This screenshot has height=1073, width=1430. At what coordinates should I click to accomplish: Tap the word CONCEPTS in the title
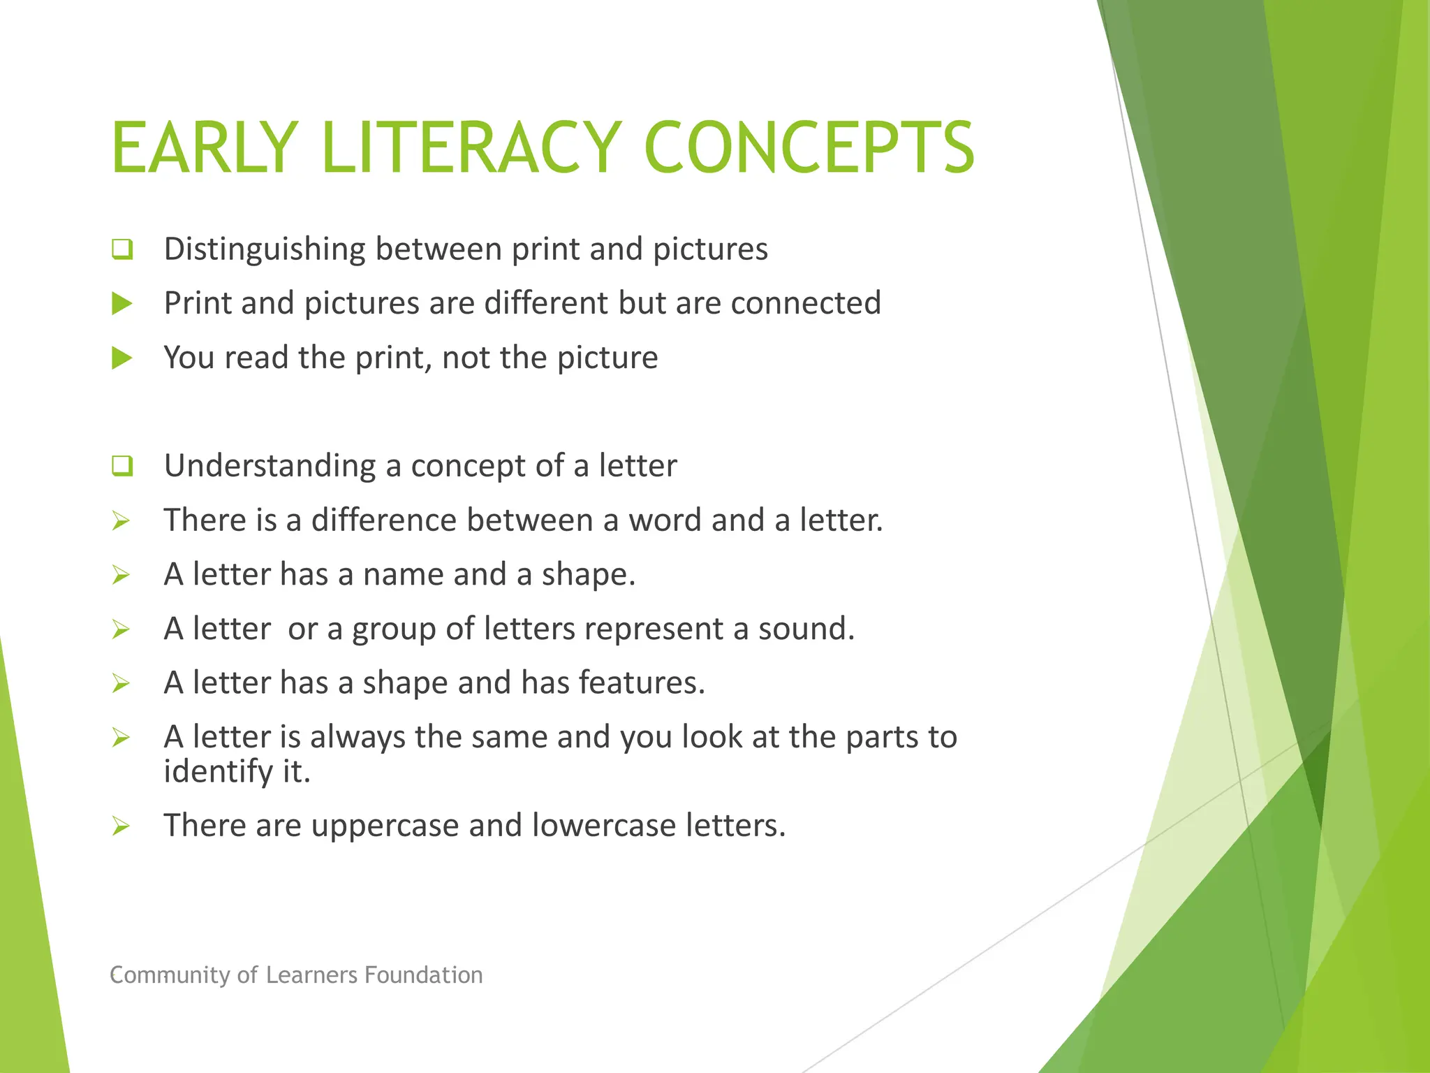pyautogui.click(x=809, y=147)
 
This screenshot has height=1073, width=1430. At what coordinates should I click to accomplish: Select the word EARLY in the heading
pyautogui.click(x=205, y=147)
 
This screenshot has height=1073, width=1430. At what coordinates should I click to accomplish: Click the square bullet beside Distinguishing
pyautogui.click(x=122, y=249)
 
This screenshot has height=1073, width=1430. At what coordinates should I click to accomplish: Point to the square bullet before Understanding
pyautogui.click(x=122, y=466)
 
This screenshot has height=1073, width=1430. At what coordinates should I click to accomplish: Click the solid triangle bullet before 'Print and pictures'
pyautogui.click(x=122, y=303)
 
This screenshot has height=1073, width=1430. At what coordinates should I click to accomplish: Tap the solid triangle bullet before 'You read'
pyautogui.click(x=122, y=358)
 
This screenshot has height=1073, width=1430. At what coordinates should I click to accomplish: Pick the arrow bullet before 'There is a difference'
pyautogui.click(x=121, y=520)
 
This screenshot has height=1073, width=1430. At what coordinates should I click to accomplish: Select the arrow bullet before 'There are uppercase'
pyautogui.click(x=121, y=826)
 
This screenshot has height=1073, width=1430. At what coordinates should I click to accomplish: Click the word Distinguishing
pyautogui.click(x=265, y=249)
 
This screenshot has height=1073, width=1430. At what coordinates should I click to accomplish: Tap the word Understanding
pyautogui.click(x=270, y=466)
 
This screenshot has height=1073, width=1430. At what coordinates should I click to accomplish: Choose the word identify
pyautogui.click(x=218, y=772)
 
